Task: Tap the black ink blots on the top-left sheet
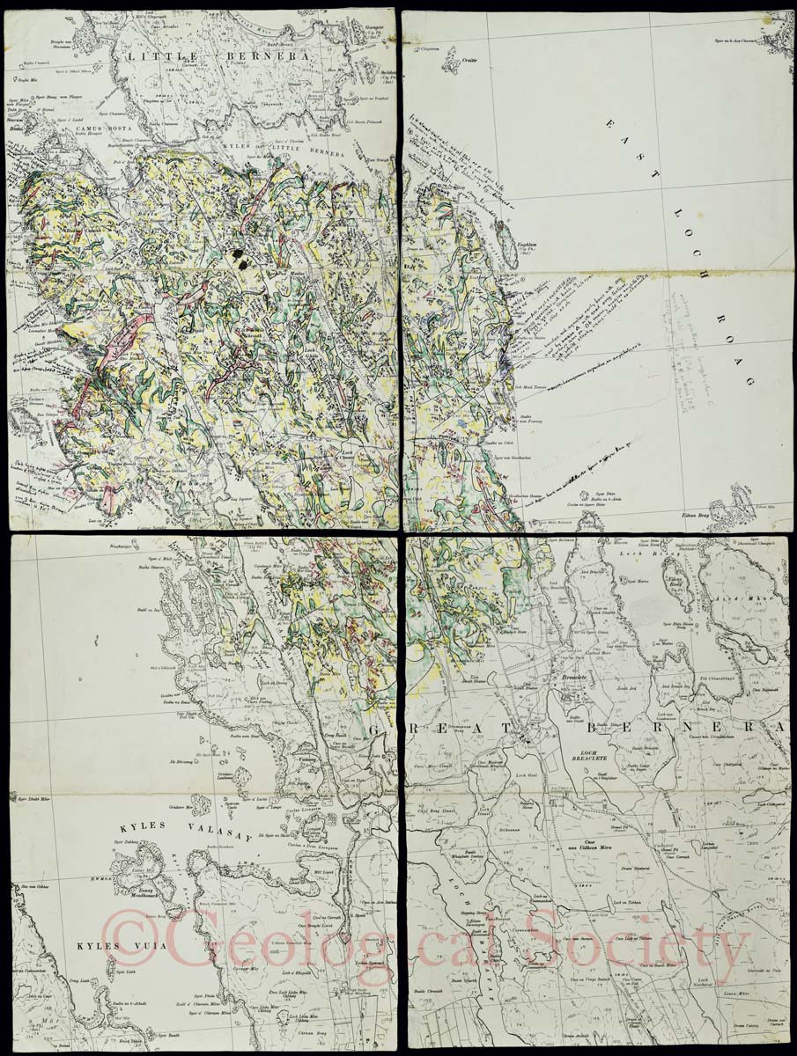[239, 257]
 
